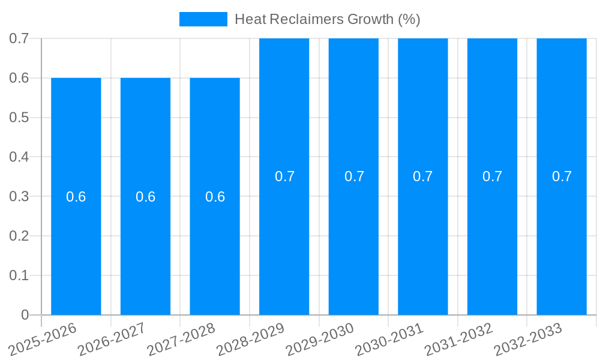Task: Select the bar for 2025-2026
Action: click(x=76, y=252)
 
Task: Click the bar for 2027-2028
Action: click(x=215, y=252)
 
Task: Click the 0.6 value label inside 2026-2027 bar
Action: click(x=145, y=197)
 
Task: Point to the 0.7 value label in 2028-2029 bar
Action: click(x=284, y=176)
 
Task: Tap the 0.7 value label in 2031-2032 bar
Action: click(x=492, y=176)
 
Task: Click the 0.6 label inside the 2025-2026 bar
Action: click(x=76, y=197)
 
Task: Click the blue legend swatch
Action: click(x=203, y=19)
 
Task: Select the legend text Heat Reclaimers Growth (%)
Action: click(x=327, y=19)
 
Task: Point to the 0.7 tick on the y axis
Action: click(x=19, y=38)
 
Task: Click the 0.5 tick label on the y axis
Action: click(x=19, y=118)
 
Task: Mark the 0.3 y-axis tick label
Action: click(x=19, y=196)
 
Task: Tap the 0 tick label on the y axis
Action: click(x=25, y=315)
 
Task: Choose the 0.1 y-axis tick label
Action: click(x=19, y=275)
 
